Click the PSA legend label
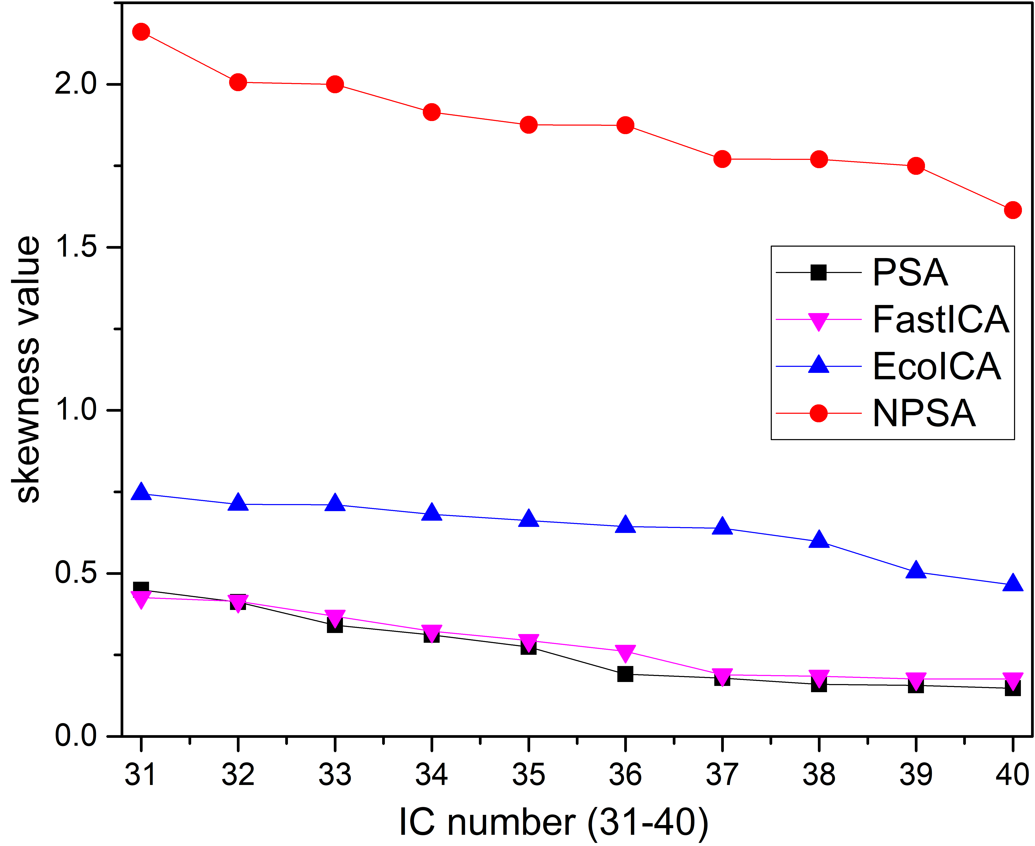click(x=910, y=273)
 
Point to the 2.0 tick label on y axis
click(x=76, y=84)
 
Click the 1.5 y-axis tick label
click(x=76, y=247)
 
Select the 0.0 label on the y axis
click(x=76, y=736)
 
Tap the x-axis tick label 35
click(x=528, y=775)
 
